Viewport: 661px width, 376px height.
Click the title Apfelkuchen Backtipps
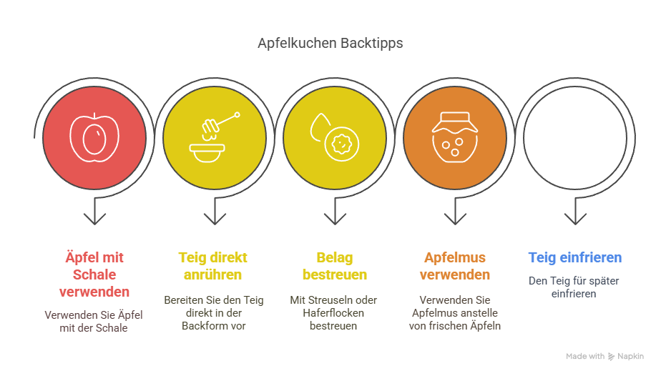(x=330, y=44)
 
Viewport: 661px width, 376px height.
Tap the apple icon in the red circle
(x=94, y=137)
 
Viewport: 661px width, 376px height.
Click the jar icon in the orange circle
(x=455, y=137)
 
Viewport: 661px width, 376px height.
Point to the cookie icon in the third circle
(x=341, y=144)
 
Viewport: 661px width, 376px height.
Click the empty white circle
(x=575, y=138)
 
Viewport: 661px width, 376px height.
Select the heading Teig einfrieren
(x=575, y=257)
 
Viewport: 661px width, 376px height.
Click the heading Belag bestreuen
(x=335, y=266)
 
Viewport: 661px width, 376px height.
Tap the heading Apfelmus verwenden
(x=455, y=266)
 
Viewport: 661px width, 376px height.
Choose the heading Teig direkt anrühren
(x=213, y=266)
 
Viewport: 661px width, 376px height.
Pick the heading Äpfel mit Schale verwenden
(x=94, y=274)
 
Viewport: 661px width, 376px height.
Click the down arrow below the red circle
(x=94, y=211)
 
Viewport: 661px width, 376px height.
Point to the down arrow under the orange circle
(x=455, y=211)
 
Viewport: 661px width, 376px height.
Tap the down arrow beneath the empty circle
(x=575, y=211)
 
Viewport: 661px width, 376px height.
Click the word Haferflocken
(x=333, y=313)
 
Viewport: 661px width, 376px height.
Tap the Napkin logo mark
(x=611, y=357)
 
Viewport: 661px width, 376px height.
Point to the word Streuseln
(x=325, y=300)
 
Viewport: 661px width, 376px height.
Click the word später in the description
(x=607, y=281)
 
